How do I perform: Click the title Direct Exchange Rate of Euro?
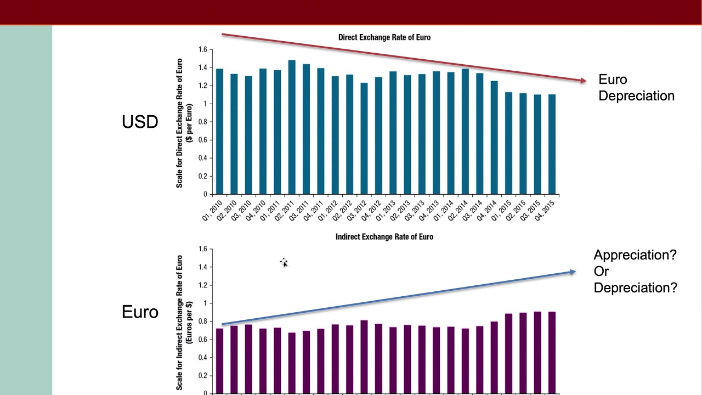click(x=384, y=37)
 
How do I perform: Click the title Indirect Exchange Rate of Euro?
click(x=384, y=237)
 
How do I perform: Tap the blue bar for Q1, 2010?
click(x=219, y=132)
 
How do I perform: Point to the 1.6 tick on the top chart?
click(x=203, y=50)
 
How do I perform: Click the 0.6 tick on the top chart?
click(x=203, y=140)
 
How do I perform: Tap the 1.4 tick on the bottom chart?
click(x=203, y=267)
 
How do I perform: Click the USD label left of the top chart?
click(x=140, y=122)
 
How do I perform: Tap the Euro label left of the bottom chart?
click(x=140, y=312)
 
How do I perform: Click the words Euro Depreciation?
click(x=636, y=88)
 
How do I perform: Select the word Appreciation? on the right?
click(x=635, y=255)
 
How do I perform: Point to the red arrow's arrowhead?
click(x=583, y=81)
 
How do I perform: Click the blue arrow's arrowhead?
click(x=573, y=272)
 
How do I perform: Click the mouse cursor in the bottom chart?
click(x=284, y=263)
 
